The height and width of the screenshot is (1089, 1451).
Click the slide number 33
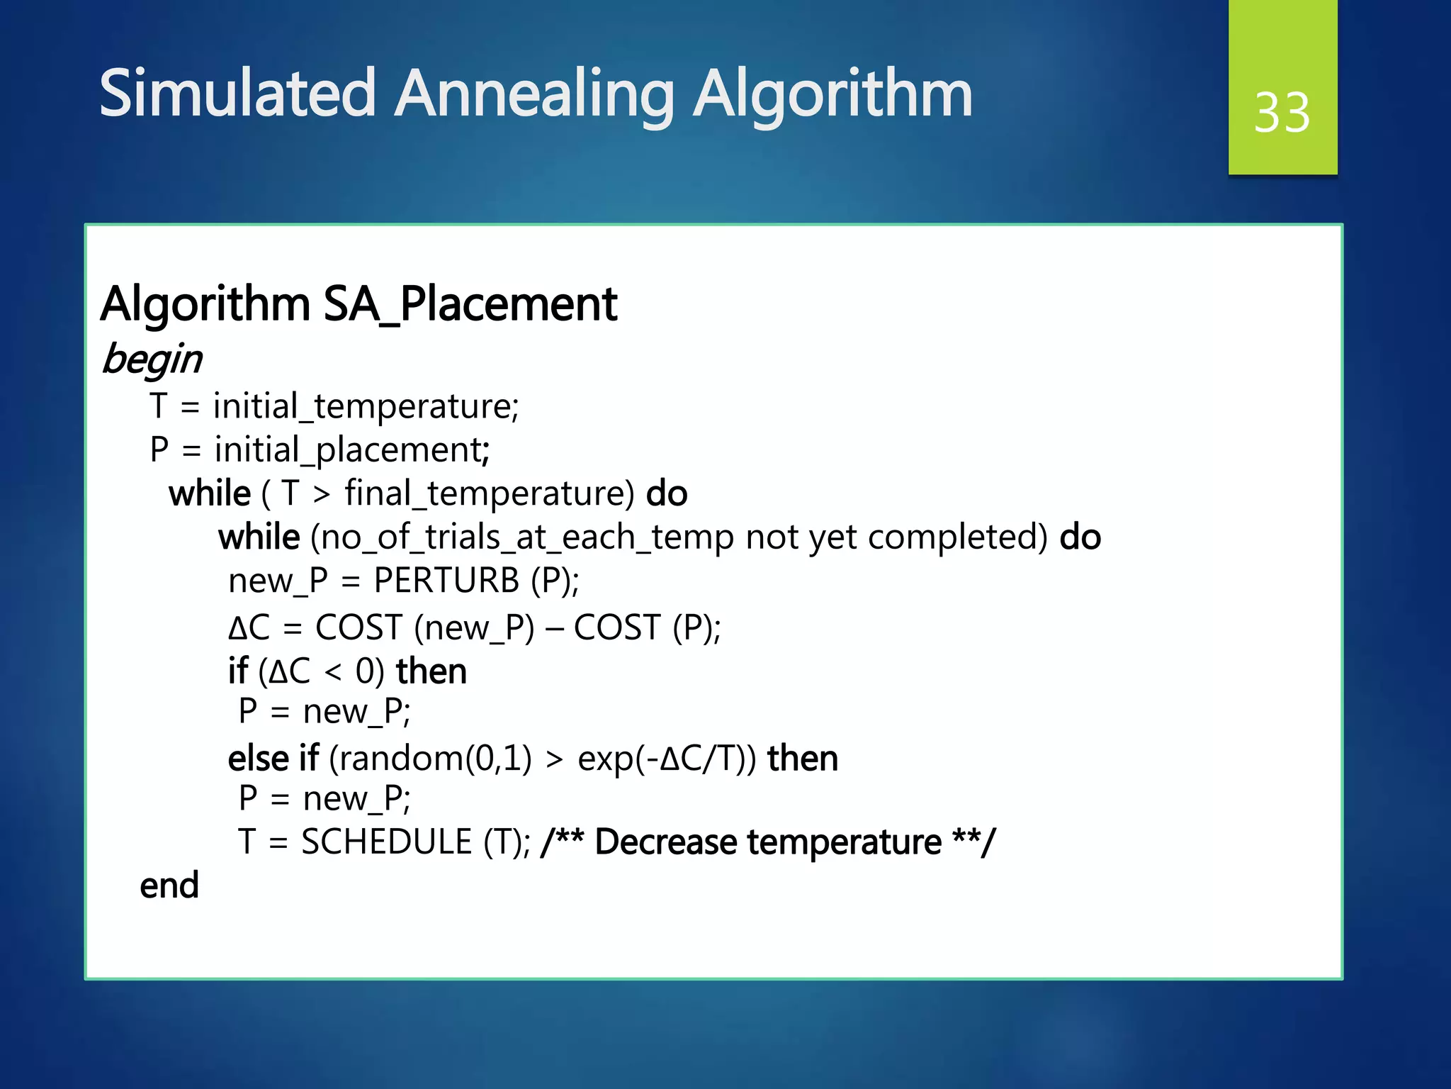1282,113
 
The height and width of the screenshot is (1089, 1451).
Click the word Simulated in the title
237,94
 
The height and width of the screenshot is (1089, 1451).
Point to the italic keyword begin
152,359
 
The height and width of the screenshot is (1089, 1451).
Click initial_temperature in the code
366,407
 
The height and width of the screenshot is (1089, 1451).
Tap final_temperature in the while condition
489,493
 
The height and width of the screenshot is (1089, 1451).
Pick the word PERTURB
446,581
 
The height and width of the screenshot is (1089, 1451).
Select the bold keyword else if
273,759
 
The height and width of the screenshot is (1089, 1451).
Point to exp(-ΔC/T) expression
666,759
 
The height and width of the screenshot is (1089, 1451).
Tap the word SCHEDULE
386,842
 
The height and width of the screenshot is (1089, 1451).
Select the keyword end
169,886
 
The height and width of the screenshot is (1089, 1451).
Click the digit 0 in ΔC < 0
365,671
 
